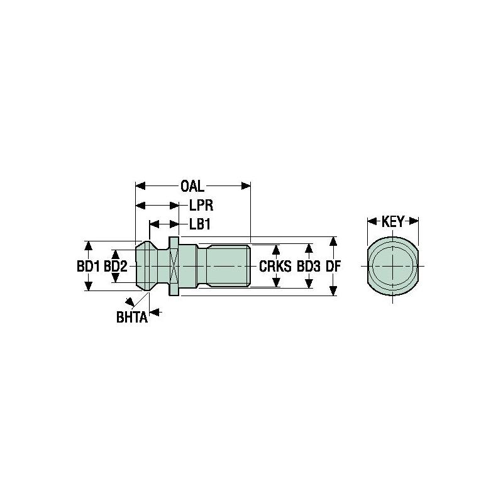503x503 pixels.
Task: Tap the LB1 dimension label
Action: pos(200,224)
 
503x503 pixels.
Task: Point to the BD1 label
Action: pos(89,267)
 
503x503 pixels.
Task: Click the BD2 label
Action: pos(116,267)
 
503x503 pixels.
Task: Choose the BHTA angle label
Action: pos(131,318)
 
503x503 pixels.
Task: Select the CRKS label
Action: pos(275,267)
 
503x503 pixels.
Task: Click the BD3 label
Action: pos(309,267)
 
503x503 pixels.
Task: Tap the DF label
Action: pos(333,267)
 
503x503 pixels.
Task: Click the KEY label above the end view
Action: pos(393,221)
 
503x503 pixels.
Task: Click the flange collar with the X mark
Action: pos(174,266)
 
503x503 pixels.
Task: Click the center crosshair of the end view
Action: pos(393,266)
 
